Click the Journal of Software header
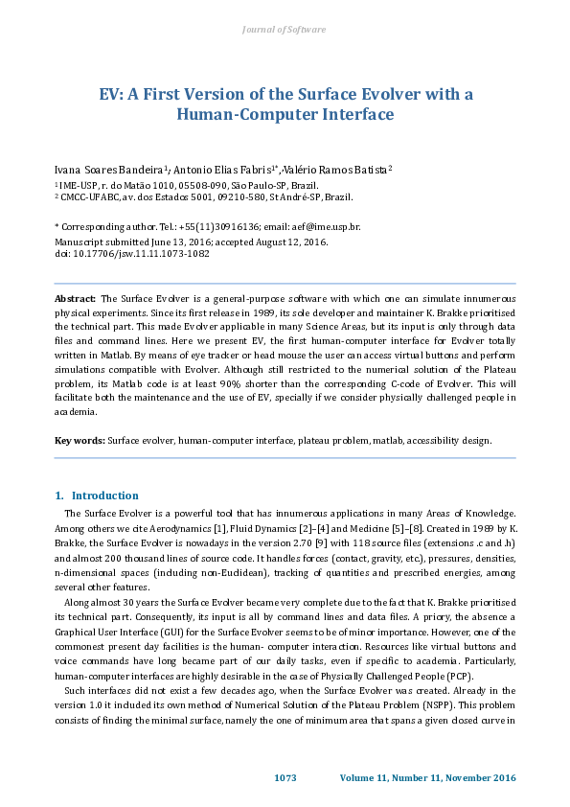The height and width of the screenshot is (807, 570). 285,31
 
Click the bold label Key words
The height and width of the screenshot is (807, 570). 80,441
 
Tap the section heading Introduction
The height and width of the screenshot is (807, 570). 105,496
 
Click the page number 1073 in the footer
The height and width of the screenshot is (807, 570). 285,777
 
